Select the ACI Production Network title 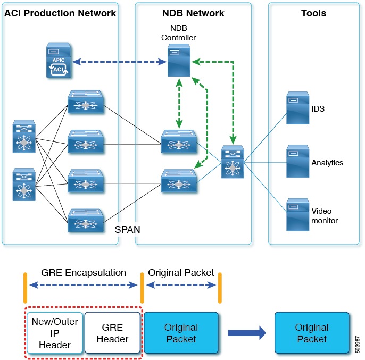60,13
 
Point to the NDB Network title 194,13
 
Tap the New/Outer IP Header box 54,332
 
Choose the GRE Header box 112,332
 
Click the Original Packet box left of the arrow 181,332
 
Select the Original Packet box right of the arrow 312,332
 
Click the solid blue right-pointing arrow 247,333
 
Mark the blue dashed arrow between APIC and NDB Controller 119,62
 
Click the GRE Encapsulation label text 84,273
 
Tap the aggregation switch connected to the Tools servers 232,161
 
